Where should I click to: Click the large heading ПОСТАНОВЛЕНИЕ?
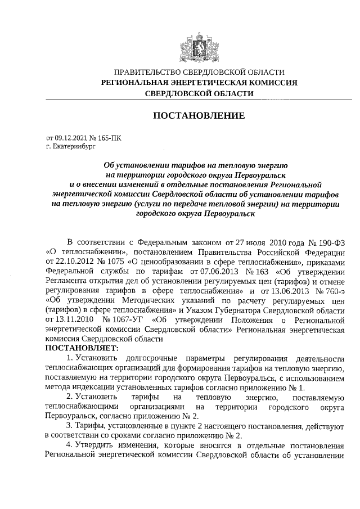pos(199,116)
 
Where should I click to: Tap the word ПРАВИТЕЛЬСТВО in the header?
pos(148,72)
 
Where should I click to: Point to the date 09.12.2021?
pos(72,137)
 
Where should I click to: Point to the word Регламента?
pos(70,281)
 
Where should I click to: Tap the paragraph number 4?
pos(69,445)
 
